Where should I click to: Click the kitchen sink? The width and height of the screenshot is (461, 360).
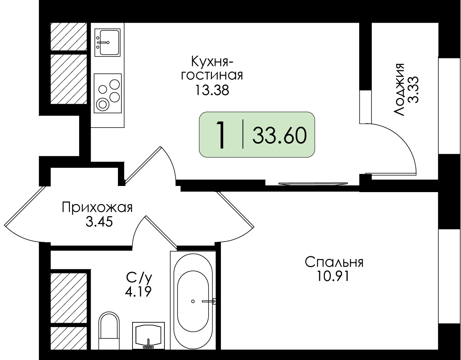coord(107,42)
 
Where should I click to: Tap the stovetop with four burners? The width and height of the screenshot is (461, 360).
coord(108,93)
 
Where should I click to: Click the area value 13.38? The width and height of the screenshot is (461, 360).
coord(212,90)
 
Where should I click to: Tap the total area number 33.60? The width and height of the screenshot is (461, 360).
coord(280,136)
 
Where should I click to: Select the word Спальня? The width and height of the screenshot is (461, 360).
coord(334,262)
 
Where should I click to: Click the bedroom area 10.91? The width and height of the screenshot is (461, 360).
coord(333,276)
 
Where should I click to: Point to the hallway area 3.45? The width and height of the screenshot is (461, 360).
coord(99,222)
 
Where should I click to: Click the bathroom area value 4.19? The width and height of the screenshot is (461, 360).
coord(138,292)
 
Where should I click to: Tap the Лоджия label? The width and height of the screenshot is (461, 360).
coord(398,90)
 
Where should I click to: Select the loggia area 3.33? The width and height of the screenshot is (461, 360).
coord(413,90)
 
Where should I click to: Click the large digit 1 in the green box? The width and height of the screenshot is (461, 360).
coord(221,135)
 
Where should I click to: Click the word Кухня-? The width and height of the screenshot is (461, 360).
coord(212,61)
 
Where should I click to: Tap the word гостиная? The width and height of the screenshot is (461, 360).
coord(212,76)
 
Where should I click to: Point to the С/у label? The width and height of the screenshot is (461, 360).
coord(139,277)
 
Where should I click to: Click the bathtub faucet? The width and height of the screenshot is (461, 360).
coord(209,301)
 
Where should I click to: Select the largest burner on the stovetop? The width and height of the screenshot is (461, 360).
coord(103,105)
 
